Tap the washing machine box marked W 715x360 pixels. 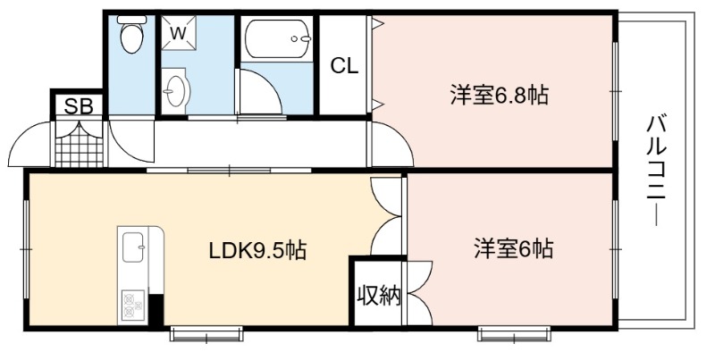click(x=179, y=32)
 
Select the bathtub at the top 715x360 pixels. click(x=277, y=39)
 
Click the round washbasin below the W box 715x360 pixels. click(x=175, y=89)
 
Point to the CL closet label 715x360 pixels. click(x=345, y=66)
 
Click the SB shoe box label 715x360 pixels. click(x=79, y=106)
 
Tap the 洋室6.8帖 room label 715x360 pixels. click(x=500, y=96)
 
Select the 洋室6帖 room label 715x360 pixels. click(x=513, y=249)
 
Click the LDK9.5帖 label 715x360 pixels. click(x=257, y=250)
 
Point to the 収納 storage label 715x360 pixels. click(x=379, y=296)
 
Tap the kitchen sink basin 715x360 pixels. click(x=133, y=247)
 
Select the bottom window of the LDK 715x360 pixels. click(x=206, y=333)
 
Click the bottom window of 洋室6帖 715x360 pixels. click(x=515, y=333)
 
